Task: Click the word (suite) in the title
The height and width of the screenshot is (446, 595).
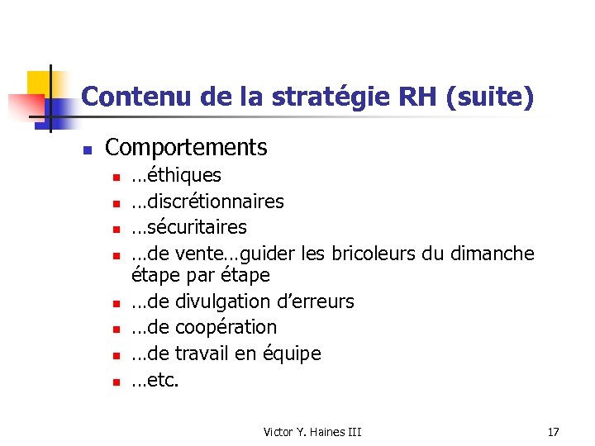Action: coord(489,97)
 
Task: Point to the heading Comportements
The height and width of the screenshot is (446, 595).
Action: coord(187,148)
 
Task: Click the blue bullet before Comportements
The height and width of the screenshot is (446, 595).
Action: coord(85,150)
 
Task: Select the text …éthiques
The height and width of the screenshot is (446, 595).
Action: coord(176,175)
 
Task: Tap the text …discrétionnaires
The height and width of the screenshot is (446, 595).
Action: coord(207,202)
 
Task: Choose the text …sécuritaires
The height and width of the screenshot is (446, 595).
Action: coord(189,227)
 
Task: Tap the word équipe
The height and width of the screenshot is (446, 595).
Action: coord(292,353)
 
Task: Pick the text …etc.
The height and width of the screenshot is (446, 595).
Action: coord(155,380)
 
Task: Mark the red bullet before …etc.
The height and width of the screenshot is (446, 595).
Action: coord(118,382)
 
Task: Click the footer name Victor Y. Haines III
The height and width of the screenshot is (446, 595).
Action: coord(312,432)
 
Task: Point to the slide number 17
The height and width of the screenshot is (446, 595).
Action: coord(554,432)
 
